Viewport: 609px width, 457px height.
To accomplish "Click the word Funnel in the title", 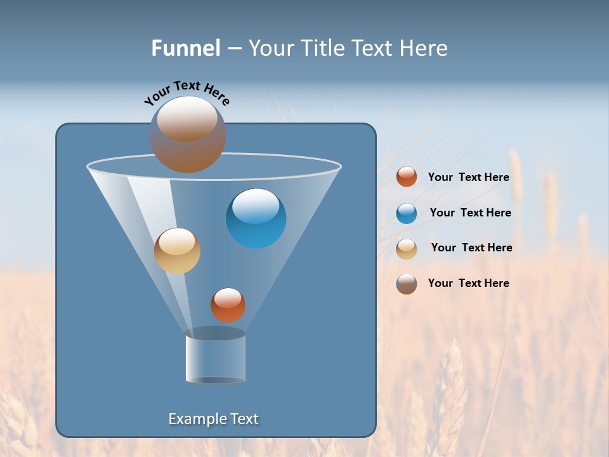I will tap(185, 48).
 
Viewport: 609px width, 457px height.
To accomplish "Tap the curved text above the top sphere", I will tap(187, 93).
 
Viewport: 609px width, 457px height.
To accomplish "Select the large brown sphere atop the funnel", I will tap(188, 134).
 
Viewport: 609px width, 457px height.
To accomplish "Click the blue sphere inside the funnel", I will tap(256, 218).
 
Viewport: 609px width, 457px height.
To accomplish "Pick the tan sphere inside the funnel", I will tap(177, 251).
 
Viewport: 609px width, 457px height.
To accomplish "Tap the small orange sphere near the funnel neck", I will tap(228, 305).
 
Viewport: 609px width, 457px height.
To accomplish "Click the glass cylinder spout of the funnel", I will tap(215, 357).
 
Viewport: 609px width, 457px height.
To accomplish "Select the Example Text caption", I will tap(214, 419).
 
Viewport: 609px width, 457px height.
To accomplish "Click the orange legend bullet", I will tap(407, 177).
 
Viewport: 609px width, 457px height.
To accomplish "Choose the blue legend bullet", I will tap(407, 213).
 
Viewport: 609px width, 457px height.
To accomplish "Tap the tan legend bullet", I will tap(407, 248).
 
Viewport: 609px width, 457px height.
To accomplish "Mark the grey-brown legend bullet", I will tap(407, 284).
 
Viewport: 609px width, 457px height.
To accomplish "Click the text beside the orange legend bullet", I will tap(468, 178).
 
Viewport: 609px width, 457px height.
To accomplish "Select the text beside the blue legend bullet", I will tap(470, 213).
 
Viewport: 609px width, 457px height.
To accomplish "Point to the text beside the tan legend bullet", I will tap(471, 248).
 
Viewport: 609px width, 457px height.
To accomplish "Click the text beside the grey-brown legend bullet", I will tap(468, 283).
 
